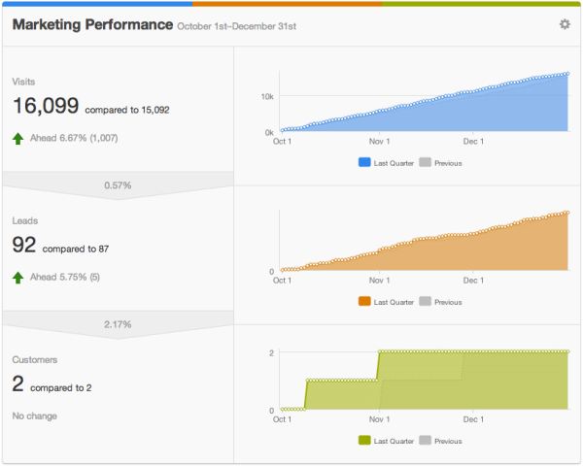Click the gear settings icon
[565, 24]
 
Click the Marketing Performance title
[92, 24]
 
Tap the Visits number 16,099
[46, 107]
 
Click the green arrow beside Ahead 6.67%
[17, 139]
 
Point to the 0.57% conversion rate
[118, 184]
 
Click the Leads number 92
[23, 246]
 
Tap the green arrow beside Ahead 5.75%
[17, 278]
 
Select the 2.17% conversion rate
[118, 323]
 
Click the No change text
[34, 416]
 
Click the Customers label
[35, 359]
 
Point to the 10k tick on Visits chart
[266, 97]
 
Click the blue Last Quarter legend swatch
[363, 163]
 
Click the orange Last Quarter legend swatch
[363, 302]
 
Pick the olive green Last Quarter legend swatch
[363, 441]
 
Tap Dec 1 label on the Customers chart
[473, 419]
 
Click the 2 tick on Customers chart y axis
[271, 352]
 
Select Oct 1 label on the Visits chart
[282, 142]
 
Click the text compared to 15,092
[127, 110]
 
